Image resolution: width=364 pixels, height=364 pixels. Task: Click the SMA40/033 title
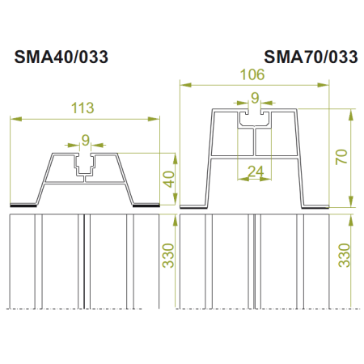61,57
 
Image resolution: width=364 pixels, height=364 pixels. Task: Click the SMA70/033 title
311,57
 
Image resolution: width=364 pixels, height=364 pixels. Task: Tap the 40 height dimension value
168,179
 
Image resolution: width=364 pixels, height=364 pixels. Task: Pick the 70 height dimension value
343,156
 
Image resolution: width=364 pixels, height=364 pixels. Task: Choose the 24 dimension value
255,171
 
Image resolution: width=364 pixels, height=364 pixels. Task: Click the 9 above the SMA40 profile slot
85,138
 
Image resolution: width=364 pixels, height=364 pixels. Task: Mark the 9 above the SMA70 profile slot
255,99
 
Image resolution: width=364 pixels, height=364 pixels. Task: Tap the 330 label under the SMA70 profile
343,257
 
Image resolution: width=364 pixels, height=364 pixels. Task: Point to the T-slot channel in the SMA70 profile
255,121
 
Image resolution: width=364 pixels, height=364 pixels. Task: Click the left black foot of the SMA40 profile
23,205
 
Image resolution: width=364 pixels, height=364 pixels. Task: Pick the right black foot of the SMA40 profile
146,205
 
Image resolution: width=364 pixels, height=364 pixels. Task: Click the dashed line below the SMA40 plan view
85,309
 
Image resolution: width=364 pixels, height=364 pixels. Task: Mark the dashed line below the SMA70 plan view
255,309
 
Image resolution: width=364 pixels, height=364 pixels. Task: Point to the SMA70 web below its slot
255,144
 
